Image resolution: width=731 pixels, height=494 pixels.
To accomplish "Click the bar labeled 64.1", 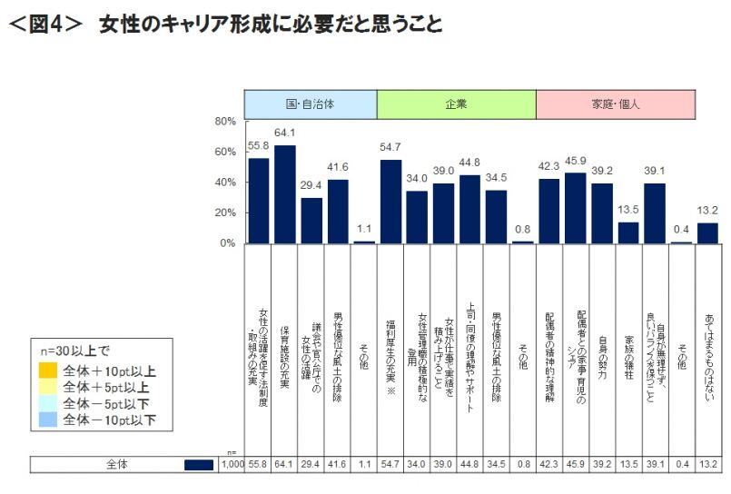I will pos(285,194).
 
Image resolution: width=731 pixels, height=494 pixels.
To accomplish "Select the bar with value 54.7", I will pos(390,202).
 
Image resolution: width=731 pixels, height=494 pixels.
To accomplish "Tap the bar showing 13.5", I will pos(627,232).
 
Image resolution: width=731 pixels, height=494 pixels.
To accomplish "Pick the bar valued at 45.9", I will pos(575,208).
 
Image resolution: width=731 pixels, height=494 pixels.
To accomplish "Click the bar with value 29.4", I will pos(311,221).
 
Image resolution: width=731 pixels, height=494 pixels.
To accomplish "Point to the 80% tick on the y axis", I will pos(225,121).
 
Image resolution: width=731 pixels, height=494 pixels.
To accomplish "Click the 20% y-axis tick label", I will pos(225,212).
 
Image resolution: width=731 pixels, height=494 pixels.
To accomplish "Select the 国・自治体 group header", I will pos(311,104).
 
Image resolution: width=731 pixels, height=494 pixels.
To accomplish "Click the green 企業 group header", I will pos(456,104).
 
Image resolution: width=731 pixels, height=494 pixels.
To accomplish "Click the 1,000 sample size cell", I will pos(232,464).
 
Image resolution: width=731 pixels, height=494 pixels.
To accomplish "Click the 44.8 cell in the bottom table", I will pos(469,464).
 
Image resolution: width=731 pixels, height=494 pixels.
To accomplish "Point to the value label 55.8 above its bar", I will pos(259,146).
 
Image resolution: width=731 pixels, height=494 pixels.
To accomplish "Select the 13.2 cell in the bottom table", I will pos(706,464).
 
